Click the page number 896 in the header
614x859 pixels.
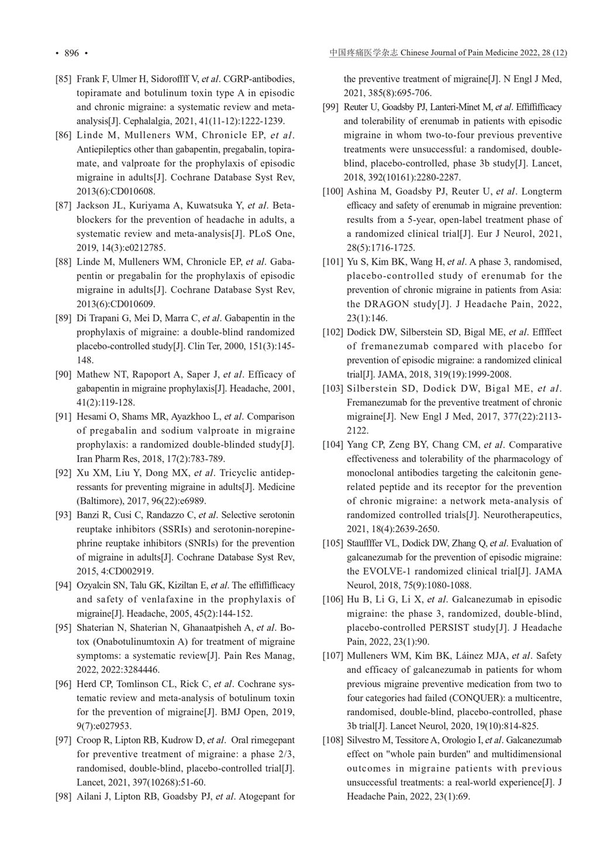click(x=71, y=53)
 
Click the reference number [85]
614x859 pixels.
click(x=63, y=79)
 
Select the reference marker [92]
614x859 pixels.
click(x=63, y=473)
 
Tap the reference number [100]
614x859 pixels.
click(x=333, y=192)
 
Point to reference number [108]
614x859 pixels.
click(x=333, y=740)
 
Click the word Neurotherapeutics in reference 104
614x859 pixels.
click(x=526, y=515)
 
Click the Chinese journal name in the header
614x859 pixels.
click(x=364, y=53)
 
